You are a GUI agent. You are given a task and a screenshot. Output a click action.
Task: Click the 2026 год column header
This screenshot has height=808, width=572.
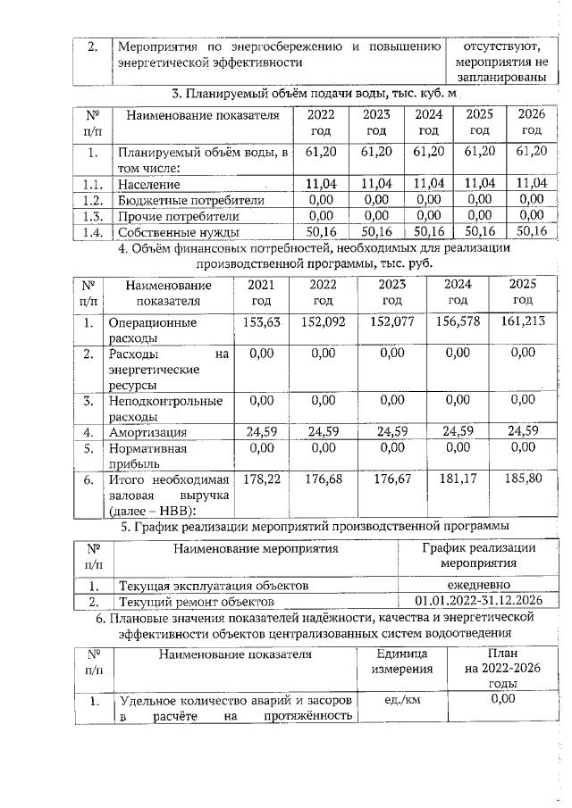532,122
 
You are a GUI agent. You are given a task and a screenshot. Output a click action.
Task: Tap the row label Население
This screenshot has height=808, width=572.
149,184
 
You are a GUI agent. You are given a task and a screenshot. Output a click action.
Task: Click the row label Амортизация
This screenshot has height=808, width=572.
145,433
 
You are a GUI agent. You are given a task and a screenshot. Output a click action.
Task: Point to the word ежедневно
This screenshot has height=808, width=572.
477,586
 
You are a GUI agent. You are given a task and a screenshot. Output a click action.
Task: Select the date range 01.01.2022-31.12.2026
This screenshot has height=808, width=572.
477,602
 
